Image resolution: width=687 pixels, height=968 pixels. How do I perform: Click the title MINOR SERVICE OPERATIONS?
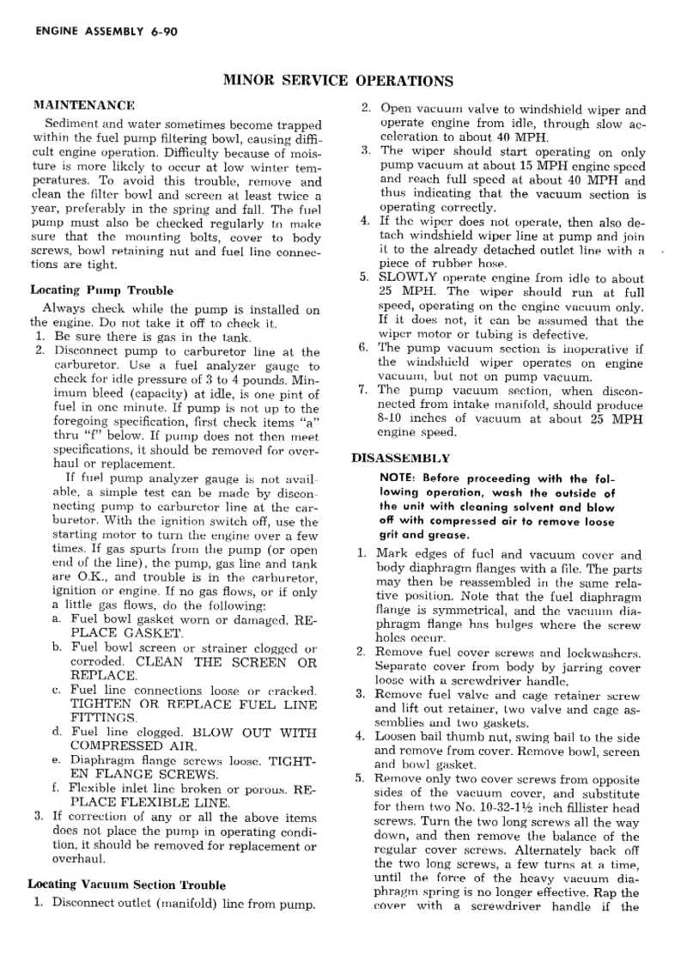pos(337,82)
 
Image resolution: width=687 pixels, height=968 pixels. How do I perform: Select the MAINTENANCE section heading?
pos(83,106)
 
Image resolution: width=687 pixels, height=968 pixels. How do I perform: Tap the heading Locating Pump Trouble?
pos(101,290)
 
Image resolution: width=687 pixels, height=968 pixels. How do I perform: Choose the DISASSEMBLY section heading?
pos(401,459)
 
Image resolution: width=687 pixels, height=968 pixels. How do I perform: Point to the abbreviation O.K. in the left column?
pos(91,577)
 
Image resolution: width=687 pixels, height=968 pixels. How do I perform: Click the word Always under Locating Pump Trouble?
pos(63,310)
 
